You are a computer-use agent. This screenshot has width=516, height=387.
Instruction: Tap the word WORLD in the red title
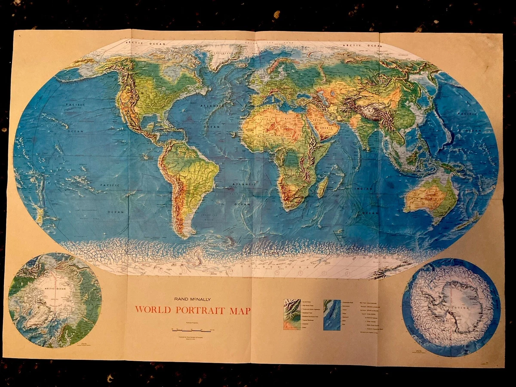152,310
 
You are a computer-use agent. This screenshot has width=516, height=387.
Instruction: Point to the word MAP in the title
242,310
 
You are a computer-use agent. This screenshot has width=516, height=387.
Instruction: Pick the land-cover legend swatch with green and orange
292,314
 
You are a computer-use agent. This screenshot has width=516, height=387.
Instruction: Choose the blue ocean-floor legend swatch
332,314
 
